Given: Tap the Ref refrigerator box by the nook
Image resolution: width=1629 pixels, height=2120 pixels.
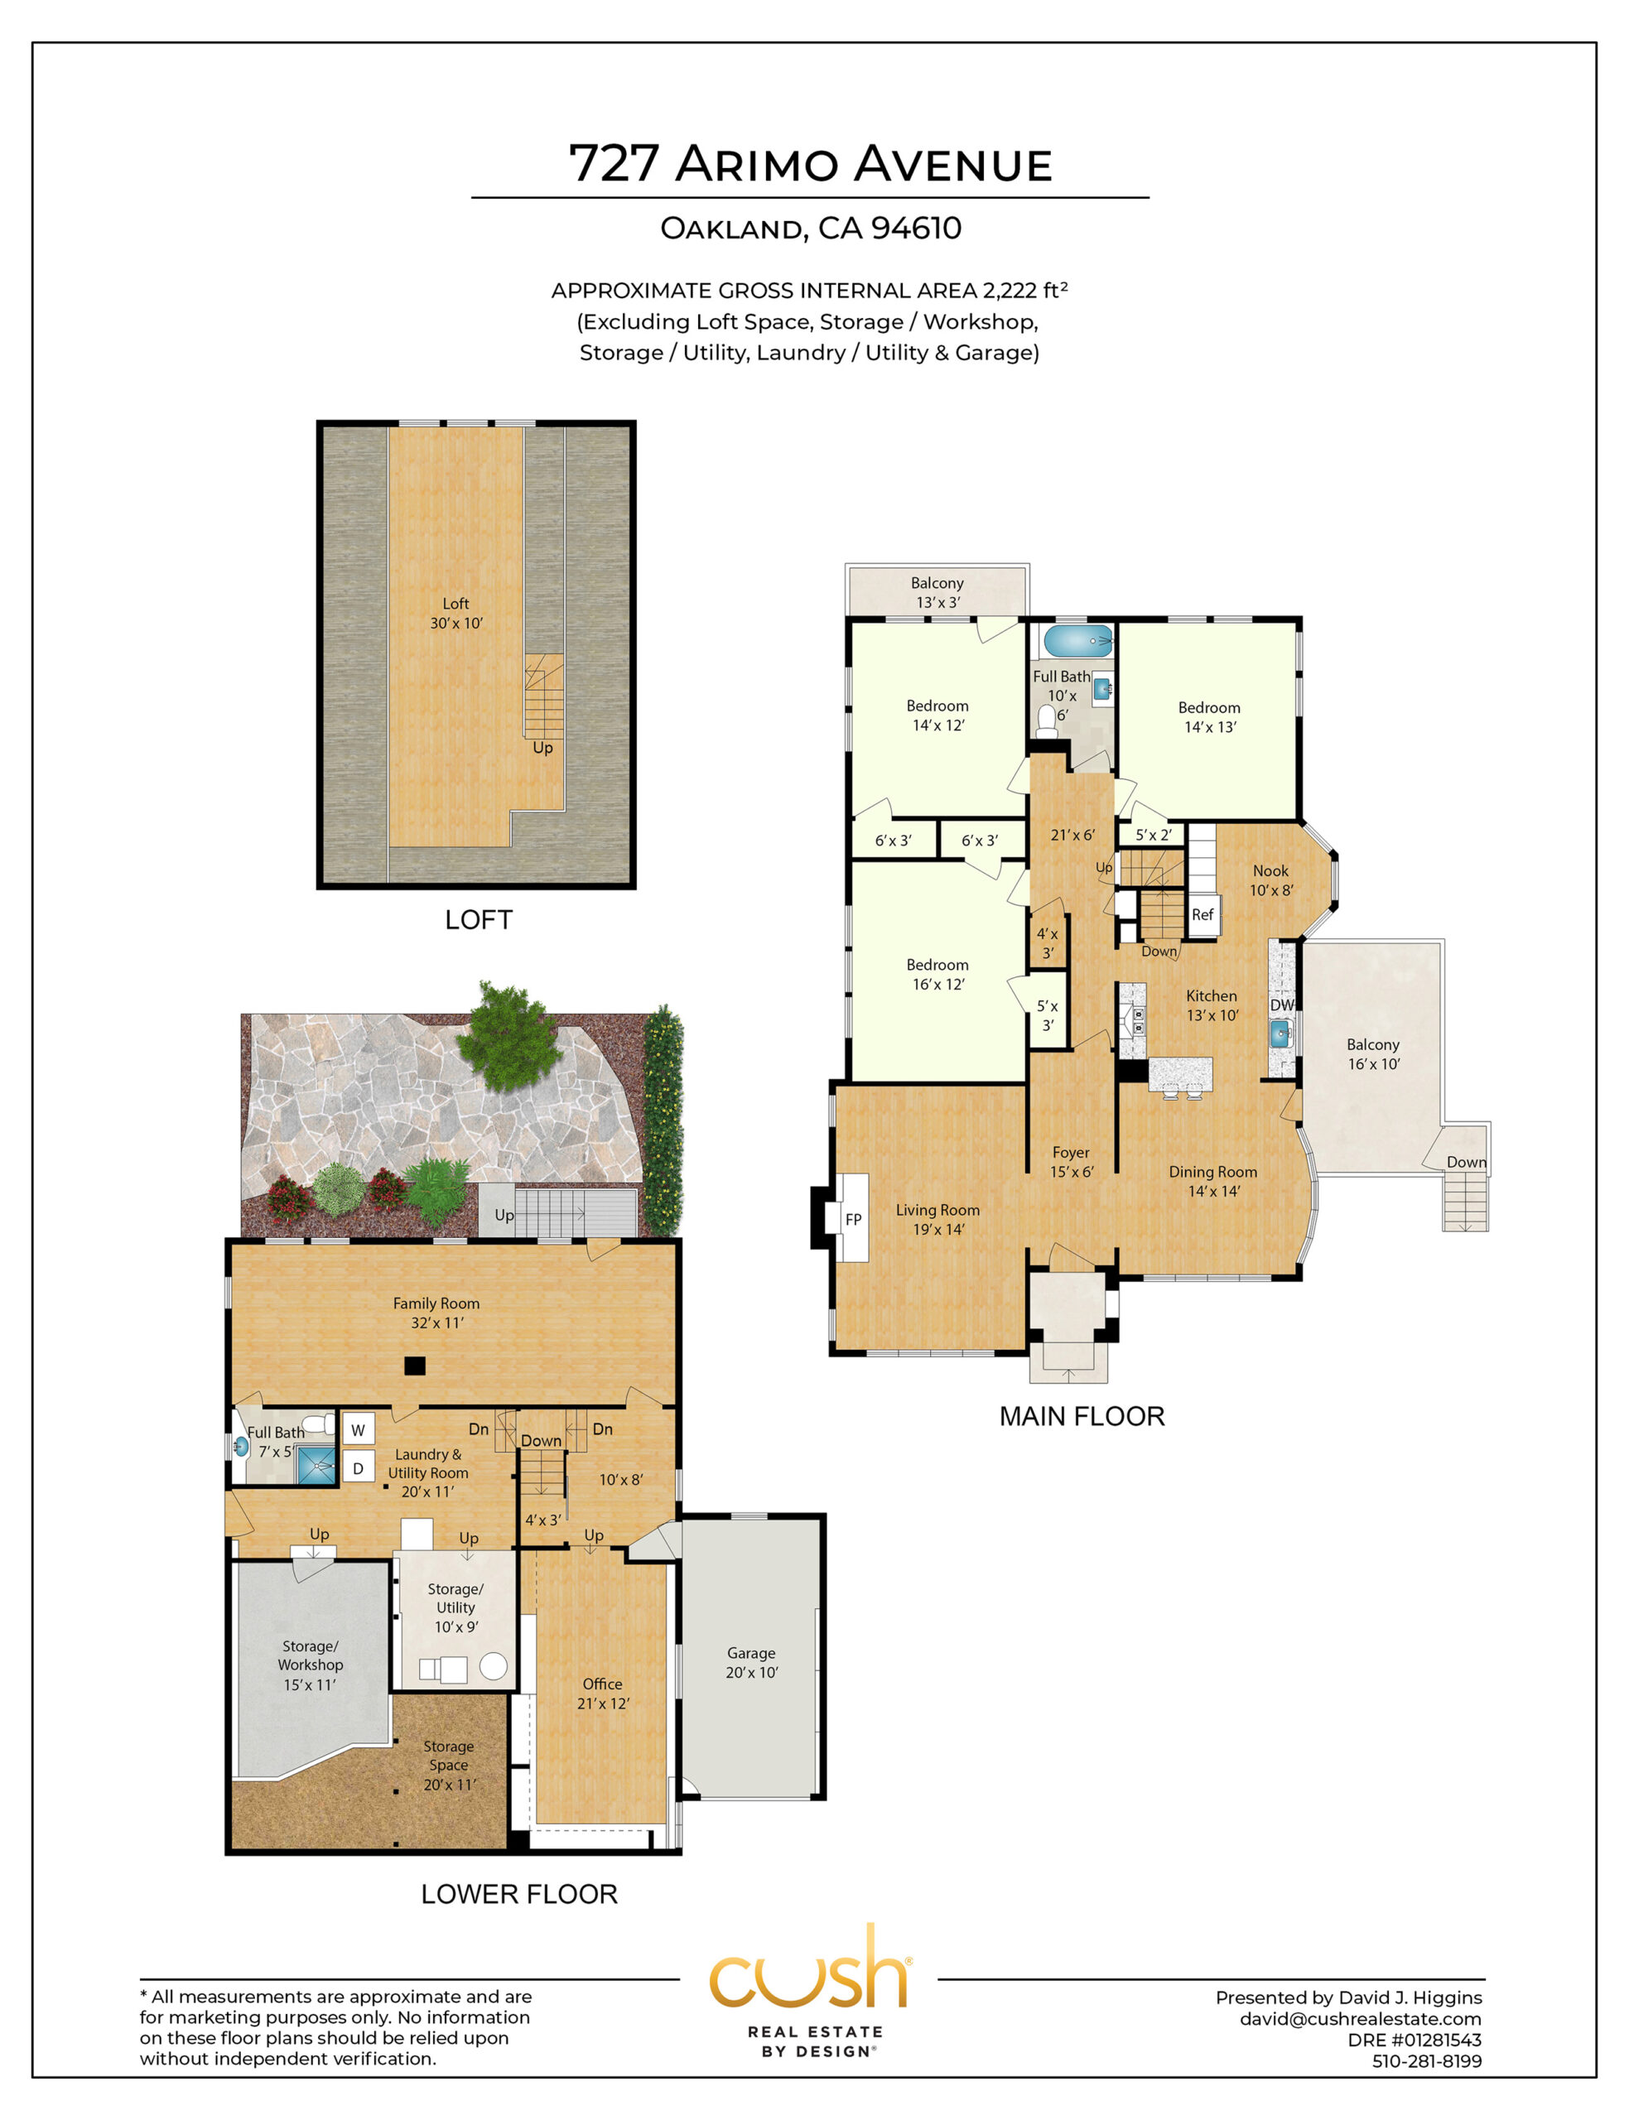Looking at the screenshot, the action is point(1203,914).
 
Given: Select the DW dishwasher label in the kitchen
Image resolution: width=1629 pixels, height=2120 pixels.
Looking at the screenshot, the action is point(1282,1005).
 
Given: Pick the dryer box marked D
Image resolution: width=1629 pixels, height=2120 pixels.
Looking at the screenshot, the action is point(358,1468).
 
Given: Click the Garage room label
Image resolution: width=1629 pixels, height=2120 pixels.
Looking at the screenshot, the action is point(751,1662).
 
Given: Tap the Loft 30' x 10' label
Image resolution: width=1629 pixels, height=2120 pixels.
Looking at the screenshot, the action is point(455,613).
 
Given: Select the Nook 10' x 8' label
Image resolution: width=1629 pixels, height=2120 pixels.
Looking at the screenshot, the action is point(1271,880).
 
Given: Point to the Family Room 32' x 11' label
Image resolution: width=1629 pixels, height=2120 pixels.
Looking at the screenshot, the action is point(436,1313).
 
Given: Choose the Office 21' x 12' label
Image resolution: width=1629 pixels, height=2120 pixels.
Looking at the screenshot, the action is point(603,1694).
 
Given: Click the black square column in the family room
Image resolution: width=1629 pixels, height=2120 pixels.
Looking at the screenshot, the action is point(415,1366).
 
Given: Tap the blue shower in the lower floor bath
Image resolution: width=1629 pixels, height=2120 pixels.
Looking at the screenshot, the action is point(316,1465).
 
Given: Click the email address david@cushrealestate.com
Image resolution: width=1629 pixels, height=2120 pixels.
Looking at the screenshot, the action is point(1361,2018).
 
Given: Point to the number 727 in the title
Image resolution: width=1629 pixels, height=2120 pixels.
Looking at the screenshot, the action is point(614,163).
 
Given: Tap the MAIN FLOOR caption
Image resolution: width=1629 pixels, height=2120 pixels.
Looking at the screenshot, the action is point(1082,1416).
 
